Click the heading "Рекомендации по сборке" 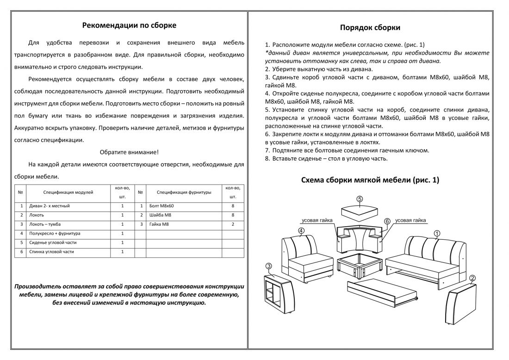coord(129,25)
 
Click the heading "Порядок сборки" coord(370,27)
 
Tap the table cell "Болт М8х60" coord(162,206)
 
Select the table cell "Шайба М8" coord(161,215)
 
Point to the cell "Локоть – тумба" coord(46,224)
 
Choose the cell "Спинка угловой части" coord(51,252)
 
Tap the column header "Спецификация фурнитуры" coord(184,192)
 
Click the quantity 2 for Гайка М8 coord(233,224)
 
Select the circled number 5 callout coord(360,199)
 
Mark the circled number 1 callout coord(436,233)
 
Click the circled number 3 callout coord(269,266)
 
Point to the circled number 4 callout coord(301,230)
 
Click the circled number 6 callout coord(387,221)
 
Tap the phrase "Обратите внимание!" coord(129,152)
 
